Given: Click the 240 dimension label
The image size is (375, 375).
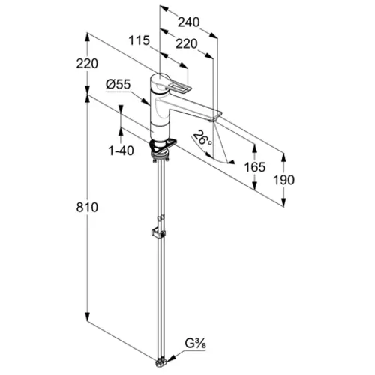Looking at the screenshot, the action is tap(188, 22).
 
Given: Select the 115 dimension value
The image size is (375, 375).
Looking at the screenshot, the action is tap(139, 40).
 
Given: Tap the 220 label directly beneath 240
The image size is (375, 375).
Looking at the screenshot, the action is tap(187, 44).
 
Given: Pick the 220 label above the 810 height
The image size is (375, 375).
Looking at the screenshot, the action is tap(87, 64).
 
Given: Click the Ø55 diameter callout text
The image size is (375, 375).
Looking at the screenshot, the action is tap(118, 84).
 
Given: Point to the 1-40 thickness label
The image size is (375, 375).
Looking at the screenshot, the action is tap(121, 151).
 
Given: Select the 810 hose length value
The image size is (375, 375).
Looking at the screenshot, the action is tap(87, 207).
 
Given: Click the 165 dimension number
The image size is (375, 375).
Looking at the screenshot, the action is tap(255, 167).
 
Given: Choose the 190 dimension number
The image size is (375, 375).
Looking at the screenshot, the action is tap(283, 180).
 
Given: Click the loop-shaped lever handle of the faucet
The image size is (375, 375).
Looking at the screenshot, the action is tap(178, 88).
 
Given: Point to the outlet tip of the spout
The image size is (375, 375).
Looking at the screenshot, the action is tap(212, 121).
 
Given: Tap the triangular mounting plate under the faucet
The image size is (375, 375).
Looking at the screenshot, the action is tap(163, 145).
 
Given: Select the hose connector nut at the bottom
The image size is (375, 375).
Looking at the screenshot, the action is tap(160, 363).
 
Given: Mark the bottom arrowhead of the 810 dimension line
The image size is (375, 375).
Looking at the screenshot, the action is tap(87, 316).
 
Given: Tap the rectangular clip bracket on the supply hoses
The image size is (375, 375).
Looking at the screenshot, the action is tap(158, 233).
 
